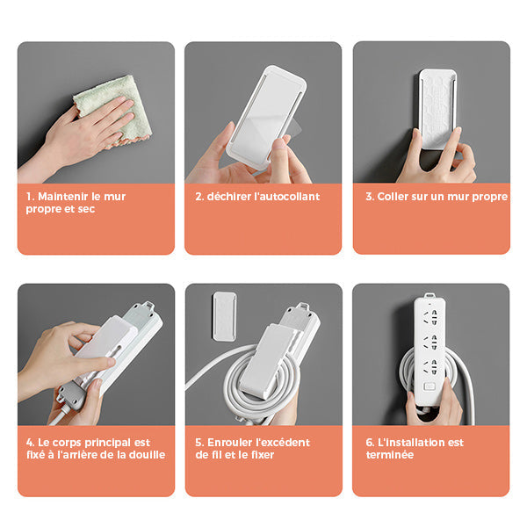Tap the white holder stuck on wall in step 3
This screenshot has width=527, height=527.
[437, 108]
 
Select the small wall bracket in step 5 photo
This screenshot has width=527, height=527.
[224, 316]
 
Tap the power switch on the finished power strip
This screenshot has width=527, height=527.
[430, 386]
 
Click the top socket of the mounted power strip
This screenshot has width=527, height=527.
[430, 317]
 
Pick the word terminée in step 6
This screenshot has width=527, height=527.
[390, 455]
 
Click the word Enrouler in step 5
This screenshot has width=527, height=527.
[230, 443]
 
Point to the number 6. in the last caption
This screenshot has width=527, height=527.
[370, 443]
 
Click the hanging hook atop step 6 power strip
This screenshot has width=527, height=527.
[430, 296]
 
